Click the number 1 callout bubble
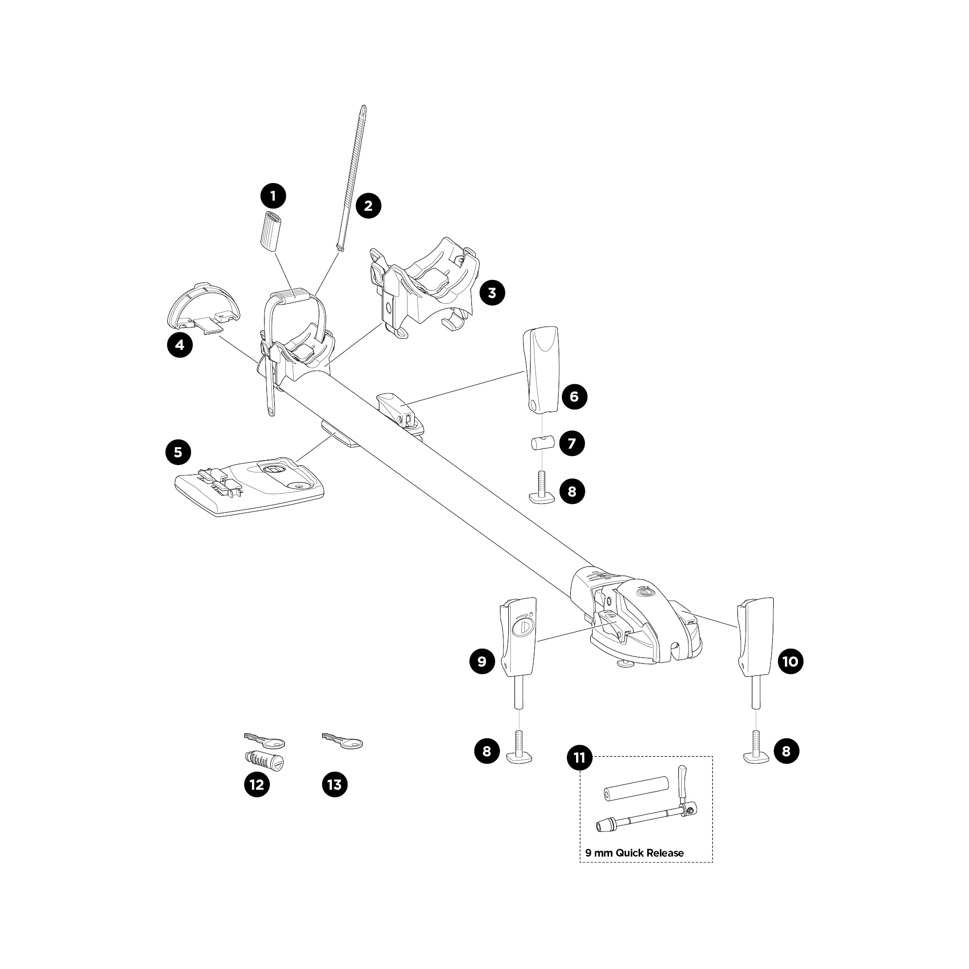273,196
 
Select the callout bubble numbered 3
492,293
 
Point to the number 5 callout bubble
178,453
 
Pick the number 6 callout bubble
574,397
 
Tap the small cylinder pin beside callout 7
541,444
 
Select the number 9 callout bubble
482,661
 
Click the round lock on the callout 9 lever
523,627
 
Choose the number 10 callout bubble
790,661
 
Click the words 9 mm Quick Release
635,853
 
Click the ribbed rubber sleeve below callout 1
271,231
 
